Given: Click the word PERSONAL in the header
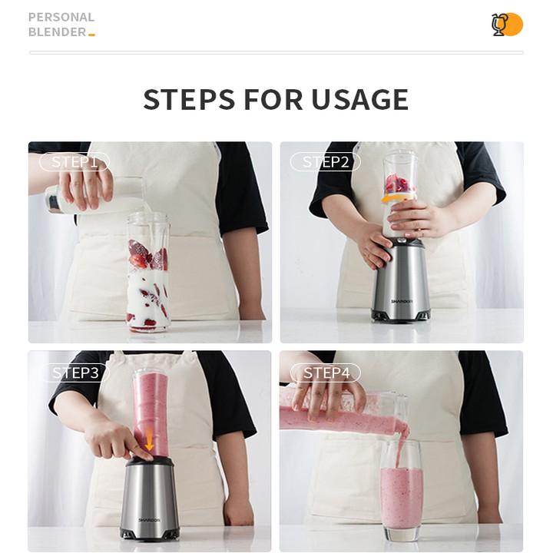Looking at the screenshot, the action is coord(61,17).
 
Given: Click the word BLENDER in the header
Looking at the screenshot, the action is coord(57,32).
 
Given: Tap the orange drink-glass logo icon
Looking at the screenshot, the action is coord(507,25).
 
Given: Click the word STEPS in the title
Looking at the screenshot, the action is coord(189,99).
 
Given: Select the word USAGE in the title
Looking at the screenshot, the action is coord(359,99).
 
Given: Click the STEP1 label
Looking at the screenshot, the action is coord(75,162).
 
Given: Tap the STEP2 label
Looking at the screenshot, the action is coord(326,162).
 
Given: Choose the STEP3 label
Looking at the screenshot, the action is coord(75,373).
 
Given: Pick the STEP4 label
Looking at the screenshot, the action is coord(326,373).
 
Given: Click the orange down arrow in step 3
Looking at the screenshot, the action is coord(150,440).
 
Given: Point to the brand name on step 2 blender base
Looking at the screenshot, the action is coord(402,302).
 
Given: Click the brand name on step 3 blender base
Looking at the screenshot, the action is coord(149,520).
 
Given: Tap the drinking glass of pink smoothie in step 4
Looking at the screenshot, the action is coord(402,490).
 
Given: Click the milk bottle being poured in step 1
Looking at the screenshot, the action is coord(92,196).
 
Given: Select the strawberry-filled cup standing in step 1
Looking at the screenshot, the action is coord(147,272).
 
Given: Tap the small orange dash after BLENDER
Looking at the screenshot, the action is coord(91,35).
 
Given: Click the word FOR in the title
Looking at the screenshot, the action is coord(273,99).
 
